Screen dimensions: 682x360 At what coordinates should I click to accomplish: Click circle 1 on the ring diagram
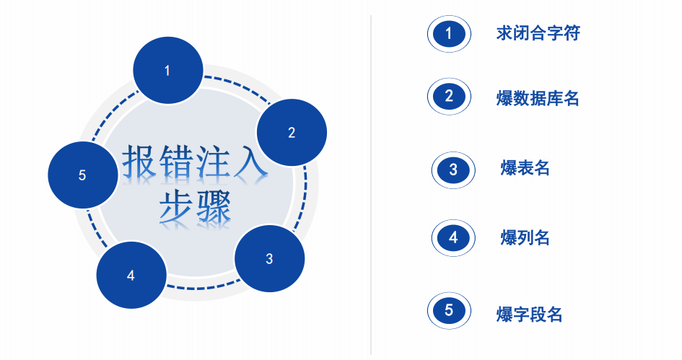pos(167,70)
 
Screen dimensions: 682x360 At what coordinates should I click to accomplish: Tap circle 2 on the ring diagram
pos(292,132)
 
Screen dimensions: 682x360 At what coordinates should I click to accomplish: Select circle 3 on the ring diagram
pos(269,258)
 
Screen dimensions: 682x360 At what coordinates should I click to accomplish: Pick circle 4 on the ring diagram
pos(131,275)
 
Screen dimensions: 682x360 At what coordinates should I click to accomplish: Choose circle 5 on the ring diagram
pos(82,175)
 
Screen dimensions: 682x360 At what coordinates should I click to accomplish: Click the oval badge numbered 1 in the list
pos(449,33)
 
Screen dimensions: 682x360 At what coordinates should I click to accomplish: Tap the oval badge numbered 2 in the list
pos(449,97)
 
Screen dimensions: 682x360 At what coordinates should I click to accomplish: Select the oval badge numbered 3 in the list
pos(453,170)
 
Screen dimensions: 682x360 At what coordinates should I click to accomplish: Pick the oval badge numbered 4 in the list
pos(453,237)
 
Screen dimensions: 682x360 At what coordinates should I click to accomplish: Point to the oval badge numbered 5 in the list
pos(449,311)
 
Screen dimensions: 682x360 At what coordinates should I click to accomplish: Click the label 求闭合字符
pos(538,33)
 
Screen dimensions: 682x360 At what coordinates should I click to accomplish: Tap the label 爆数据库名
pos(538,98)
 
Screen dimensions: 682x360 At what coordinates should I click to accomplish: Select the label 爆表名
pos(525,169)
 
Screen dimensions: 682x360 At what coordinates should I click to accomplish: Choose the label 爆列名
pos(525,237)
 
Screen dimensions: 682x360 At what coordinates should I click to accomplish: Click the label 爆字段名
pos(529,315)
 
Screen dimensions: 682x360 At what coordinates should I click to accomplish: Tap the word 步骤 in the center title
pos(195,208)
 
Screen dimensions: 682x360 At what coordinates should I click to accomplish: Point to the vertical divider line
pos(371,180)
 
